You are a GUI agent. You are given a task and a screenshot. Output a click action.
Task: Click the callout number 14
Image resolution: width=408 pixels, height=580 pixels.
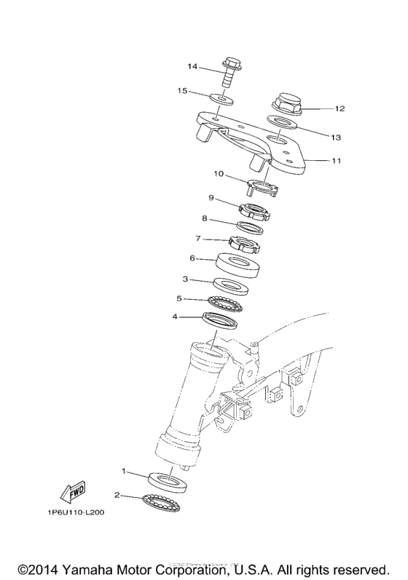click(192, 67)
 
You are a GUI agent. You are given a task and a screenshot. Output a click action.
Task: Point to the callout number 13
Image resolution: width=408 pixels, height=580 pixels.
click(336, 137)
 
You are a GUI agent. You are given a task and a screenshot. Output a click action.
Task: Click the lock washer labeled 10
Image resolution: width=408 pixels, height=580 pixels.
click(264, 188)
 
